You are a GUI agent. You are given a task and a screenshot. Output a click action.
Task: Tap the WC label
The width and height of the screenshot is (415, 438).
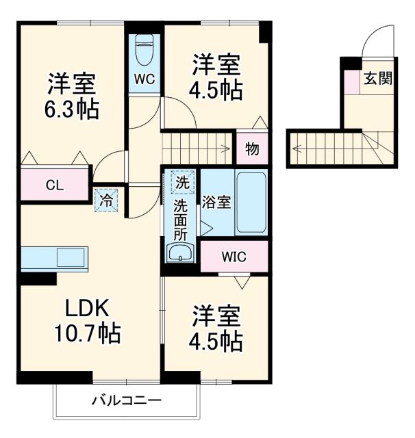coord(144,79)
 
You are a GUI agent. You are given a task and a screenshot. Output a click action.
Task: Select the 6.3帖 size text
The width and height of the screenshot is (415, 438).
coord(72,108)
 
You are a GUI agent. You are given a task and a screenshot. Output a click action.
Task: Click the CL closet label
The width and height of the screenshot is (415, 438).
coord(55,184)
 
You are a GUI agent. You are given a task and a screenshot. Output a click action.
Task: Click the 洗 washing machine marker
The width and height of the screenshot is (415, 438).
coord(181,183)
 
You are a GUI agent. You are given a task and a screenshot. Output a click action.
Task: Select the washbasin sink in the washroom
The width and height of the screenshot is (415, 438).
coord(181,254)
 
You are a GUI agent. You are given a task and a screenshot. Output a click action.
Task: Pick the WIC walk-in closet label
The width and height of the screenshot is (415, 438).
coord(234,258)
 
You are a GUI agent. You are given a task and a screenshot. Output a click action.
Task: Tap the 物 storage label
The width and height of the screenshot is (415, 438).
coord(252,149)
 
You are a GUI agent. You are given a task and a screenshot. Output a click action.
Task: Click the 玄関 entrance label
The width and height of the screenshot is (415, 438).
coord(377,79)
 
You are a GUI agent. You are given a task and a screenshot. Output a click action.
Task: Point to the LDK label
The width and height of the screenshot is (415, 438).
coord(88,309)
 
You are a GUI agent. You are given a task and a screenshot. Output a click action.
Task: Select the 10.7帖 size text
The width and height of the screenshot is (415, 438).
coord(88,335)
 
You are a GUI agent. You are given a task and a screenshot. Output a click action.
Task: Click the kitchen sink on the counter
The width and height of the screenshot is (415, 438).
coord(70,258)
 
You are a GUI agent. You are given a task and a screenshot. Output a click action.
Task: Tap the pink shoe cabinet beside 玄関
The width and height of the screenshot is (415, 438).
coord(351,81)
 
